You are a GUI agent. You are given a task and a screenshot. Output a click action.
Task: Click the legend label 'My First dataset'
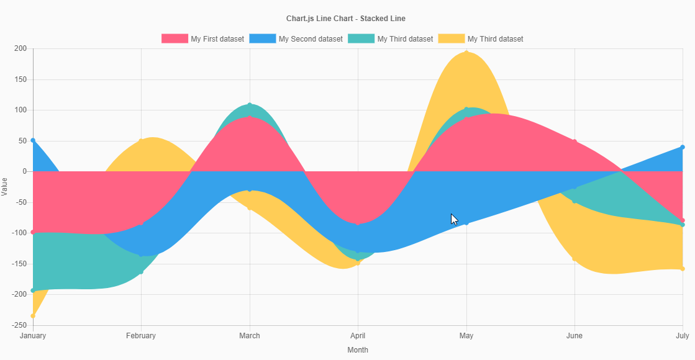[x=217, y=38]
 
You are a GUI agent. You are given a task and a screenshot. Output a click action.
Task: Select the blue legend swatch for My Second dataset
[x=262, y=38]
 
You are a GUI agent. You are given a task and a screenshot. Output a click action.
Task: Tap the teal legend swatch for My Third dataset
[x=361, y=38]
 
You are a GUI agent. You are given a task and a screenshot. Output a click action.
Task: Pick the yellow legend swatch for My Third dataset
[x=451, y=38]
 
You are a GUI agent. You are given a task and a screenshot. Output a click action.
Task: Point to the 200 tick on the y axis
[x=20, y=48]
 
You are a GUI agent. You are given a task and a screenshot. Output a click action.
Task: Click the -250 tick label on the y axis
[x=19, y=325]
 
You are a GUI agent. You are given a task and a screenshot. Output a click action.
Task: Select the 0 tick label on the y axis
[x=25, y=171]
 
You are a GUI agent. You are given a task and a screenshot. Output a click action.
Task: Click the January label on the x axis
[x=33, y=336]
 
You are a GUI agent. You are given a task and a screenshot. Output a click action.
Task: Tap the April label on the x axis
[x=358, y=336]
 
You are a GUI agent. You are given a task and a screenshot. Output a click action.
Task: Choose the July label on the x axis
[x=682, y=336]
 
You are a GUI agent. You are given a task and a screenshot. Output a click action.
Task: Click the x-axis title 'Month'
[x=358, y=350]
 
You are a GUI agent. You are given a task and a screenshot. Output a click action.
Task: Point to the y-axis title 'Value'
[x=5, y=186]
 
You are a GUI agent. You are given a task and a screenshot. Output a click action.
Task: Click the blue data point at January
[x=33, y=140]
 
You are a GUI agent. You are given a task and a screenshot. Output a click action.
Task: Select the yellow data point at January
[x=33, y=316]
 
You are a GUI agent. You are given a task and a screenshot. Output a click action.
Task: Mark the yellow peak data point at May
[x=466, y=52]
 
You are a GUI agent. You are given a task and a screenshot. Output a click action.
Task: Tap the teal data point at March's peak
[x=250, y=105]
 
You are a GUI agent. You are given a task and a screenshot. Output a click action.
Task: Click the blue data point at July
[x=683, y=147]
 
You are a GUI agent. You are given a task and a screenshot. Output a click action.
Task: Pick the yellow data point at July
[x=683, y=269]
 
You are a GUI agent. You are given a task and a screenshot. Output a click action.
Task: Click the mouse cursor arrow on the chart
[x=454, y=219]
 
